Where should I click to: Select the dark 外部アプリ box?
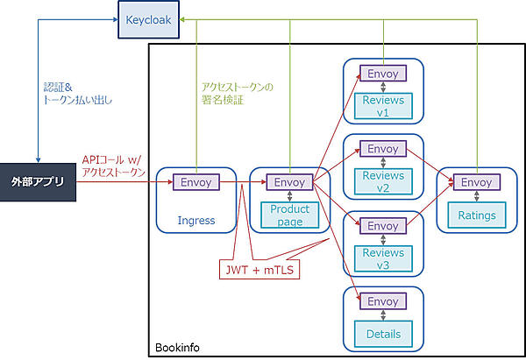[x=39, y=183]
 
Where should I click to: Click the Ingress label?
[x=195, y=220]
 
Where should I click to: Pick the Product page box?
[x=290, y=215]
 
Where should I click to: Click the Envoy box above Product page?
[x=290, y=182]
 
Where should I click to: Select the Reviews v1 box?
[x=383, y=106]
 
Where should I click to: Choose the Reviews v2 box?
[x=383, y=182]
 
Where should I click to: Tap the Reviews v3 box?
[x=383, y=258]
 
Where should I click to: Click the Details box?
[x=383, y=334]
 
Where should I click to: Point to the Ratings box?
[x=476, y=215]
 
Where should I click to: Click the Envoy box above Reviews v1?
[x=383, y=74]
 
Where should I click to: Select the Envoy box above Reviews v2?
[x=383, y=149]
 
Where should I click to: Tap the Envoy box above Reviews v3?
[x=383, y=225]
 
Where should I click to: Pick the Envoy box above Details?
[x=383, y=301]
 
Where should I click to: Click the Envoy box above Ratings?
[x=476, y=182]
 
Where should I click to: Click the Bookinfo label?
[x=177, y=348]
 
